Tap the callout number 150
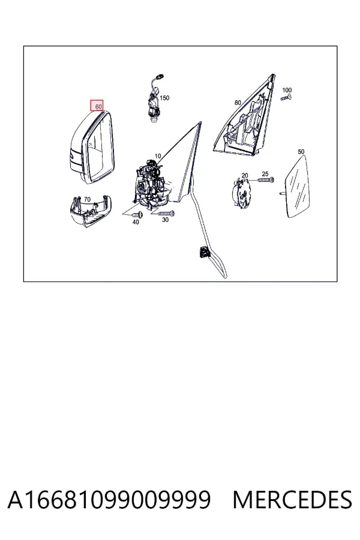[x=164, y=98]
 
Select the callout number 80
[x=238, y=103]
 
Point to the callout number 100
[x=287, y=90]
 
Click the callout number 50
[x=301, y=152]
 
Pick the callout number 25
[x=265, y=174]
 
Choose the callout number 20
[x=245, y=176]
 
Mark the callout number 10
[x=158, y=156]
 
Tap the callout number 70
[x=87, y=199]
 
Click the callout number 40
[x=136, y=222]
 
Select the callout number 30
[x=166, y=220]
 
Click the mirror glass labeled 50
[x=298, y=187]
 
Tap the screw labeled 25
[x=266, y=180]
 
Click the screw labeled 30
[x=166, y=214]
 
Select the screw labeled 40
[x=137, y=215]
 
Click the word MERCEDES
[x=292, y=500]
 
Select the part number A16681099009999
[x=109, y=500]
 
